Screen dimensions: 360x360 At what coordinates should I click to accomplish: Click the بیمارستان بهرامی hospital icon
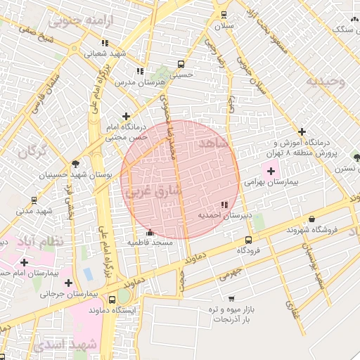tap(271, 170)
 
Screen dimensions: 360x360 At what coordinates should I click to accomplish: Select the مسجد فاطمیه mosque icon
tap(149, 233)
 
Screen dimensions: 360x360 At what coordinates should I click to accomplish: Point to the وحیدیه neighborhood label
tap(326, 81)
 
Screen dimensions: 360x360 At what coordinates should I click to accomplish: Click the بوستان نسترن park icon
tap(357, 157)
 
